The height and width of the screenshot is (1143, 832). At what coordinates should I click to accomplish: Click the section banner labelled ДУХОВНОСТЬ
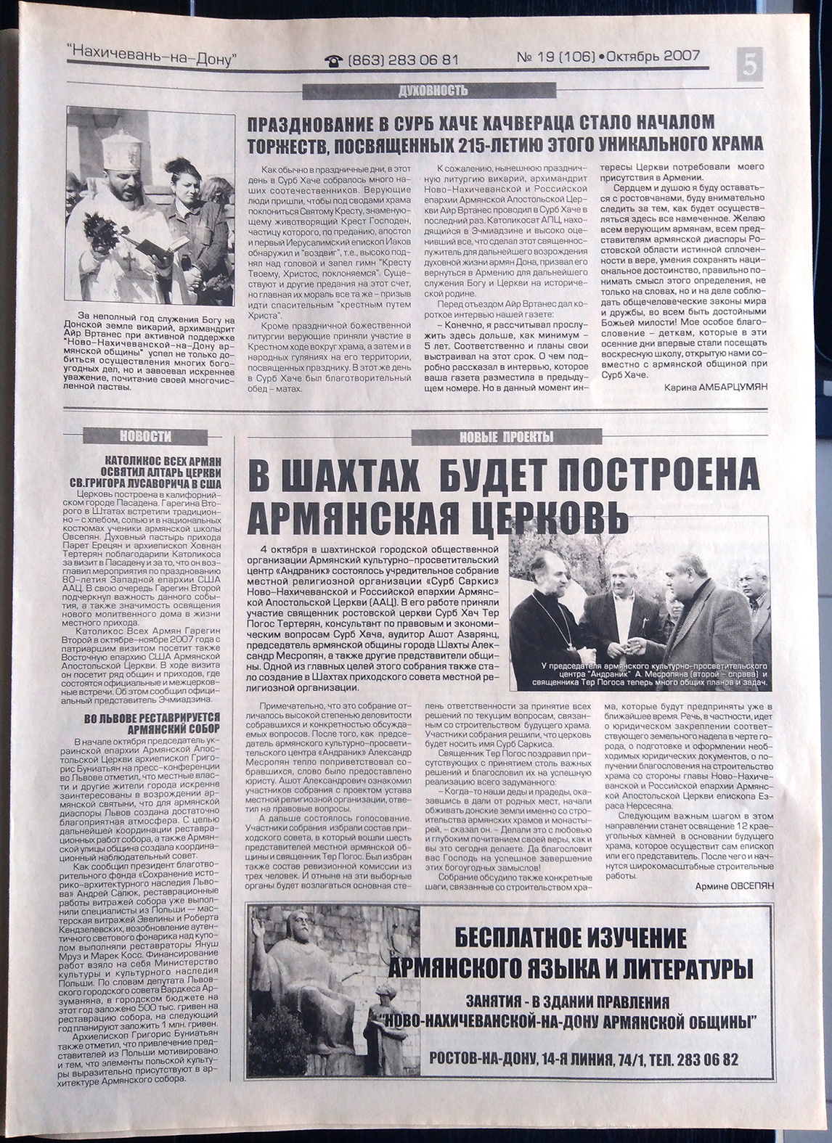coord(433,91)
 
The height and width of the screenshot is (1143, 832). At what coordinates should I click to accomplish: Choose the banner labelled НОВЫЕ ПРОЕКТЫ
coord(496,436)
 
